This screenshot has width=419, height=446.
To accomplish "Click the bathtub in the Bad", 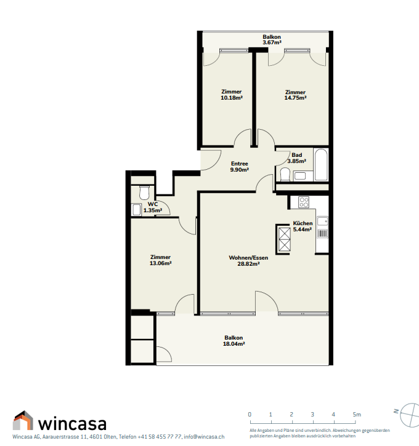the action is (x=321, y=164).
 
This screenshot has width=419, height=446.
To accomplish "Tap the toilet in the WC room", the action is (x=144, y=193).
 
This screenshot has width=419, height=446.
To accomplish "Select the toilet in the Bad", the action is (x=285, y=174).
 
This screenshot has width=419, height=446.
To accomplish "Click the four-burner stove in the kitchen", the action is (x=304, y=202).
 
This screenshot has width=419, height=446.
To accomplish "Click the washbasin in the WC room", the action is (x=136, y=210).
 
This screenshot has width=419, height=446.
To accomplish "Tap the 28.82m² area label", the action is (x=248, y=264).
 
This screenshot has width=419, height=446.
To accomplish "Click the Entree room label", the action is (x=239, y=164).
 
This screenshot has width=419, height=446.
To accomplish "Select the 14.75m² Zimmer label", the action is (x=295, y=95).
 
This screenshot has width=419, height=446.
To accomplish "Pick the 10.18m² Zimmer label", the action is (x=232, y=95).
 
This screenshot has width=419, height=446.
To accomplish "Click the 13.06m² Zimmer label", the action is (x=160, y=260).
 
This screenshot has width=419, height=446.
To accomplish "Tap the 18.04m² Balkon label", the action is (x=234, y=341).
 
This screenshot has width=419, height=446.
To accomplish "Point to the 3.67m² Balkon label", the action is (x=272, y=39).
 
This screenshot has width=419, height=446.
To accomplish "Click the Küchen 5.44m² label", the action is (x=303, y=226).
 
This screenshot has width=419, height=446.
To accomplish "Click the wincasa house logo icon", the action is (x=23, y=420).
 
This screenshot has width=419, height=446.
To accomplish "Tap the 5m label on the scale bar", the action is (x=357, y=415).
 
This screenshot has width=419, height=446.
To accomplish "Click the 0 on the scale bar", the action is (x=250, y=415).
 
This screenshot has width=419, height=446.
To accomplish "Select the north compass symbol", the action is (x=408, y=415).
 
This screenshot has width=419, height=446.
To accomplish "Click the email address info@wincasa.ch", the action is (x=204, y=437).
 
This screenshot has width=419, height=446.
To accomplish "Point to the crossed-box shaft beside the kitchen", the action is (x=283, y=239).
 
